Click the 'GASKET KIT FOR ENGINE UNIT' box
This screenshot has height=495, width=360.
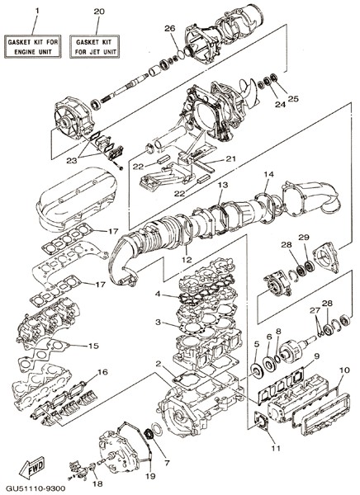tap(33, 46)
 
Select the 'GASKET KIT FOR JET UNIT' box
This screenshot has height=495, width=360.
tap(94, 46)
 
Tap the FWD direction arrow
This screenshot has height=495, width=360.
tap(32, 468)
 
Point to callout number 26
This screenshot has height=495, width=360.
tap(170, 28)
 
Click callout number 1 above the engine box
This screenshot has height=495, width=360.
tap(37, 11)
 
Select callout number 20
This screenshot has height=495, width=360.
tap(99, 12)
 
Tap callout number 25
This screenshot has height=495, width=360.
tap(293, 99)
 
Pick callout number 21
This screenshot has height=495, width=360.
tap(230, 158)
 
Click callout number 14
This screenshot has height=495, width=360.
tap(269, 174)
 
